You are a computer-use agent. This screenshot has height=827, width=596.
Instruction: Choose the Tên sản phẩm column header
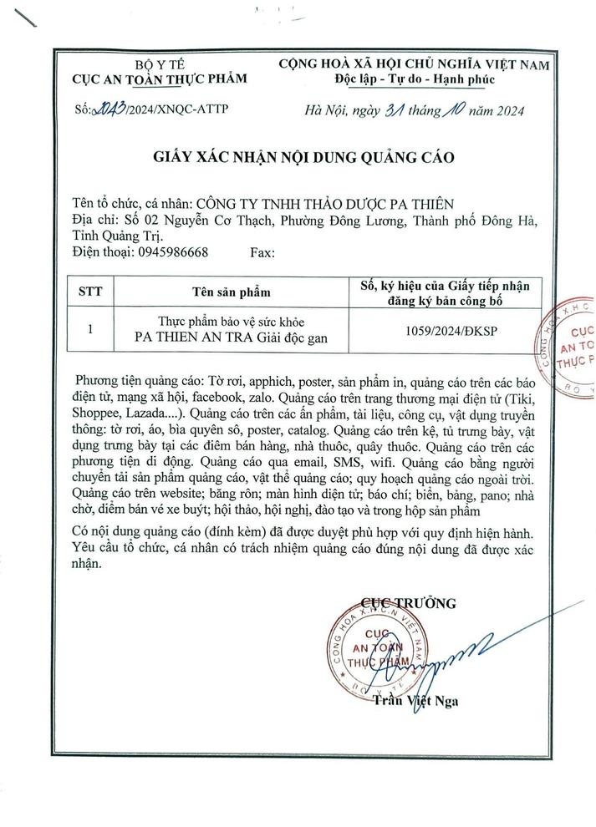tap(232, 292)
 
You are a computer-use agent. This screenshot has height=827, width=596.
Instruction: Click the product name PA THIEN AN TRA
tap(186, 337)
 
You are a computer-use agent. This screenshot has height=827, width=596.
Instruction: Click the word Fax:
tap(262, 251)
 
